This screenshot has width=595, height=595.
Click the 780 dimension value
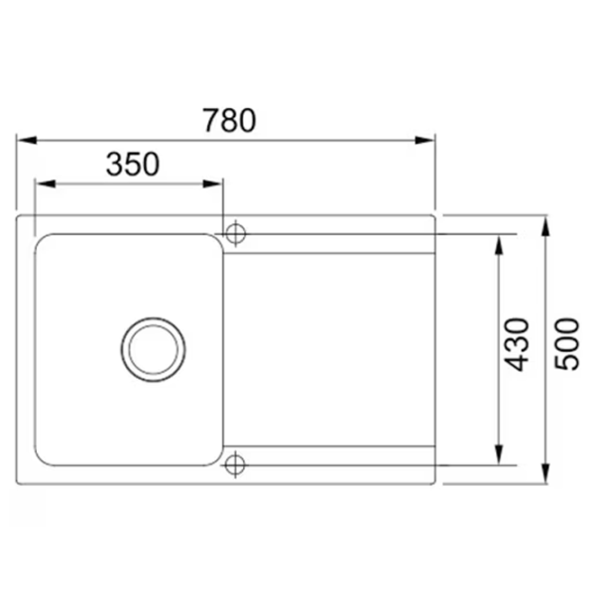point(230,120)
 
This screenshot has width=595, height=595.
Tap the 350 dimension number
point(133,164)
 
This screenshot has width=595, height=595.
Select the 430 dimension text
point(516,344)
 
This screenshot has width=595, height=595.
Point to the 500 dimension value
point(567,344)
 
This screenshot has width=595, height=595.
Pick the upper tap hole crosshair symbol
point(236,233)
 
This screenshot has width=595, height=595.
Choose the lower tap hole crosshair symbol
point(235,464)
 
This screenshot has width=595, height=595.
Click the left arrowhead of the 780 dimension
point(28,141)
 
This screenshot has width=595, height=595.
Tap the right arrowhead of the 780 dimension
point(424,141)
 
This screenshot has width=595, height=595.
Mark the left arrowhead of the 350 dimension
point(46,184)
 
